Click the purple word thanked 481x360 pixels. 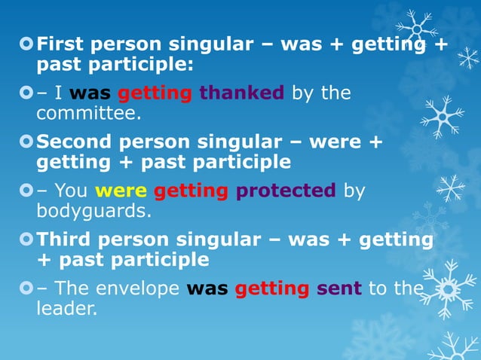coord(241,93)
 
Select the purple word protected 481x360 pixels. coord(286,191)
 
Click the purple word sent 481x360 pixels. coord(339,288)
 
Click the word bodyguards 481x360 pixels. coord(93,212)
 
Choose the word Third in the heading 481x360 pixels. coord(66,239)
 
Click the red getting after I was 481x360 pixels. coord(156,93)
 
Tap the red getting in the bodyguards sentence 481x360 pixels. coord(191,191)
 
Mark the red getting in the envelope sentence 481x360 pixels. coord(272,288)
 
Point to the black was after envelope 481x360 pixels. coord(207,288)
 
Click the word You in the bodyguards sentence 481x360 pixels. coord(71,191)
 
